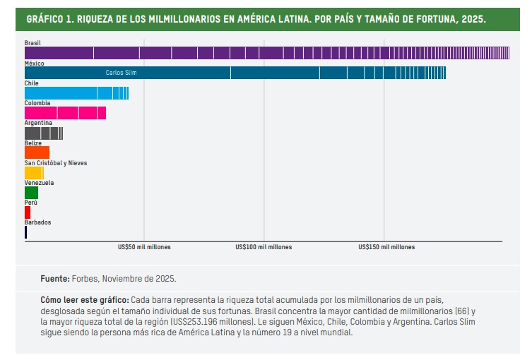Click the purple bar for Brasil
click(x=266, y=53)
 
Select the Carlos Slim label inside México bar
click(x=121, y=73)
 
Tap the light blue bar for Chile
click(x=76, y=93)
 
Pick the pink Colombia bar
click(x=65, y=113)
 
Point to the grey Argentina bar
click(x=44, y=133)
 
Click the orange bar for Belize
click(x=37, y=152)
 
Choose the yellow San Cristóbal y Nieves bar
click(x=34, y=173)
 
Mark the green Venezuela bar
click(x=31, y=193)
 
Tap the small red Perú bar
click(x=28, y=212)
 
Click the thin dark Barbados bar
click(x=25, y=232)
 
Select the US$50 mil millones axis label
click(x=144, y=247)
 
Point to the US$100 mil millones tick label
click(x=264, y=247)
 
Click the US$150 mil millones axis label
click(x=386, y=247)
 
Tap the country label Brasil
click(x=32, y=43)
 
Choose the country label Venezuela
click(x=39, y=183)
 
